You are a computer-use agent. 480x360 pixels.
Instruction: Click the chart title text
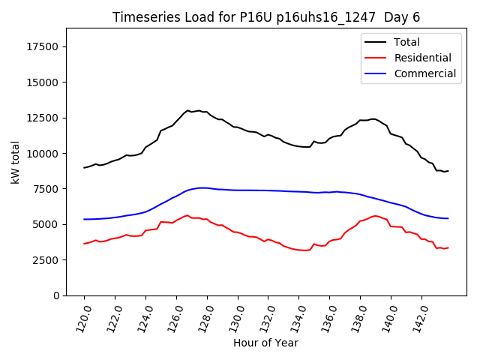point(266,17)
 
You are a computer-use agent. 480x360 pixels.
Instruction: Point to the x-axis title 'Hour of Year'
point(265,343)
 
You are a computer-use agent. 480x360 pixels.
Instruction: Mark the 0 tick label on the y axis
point(56,295)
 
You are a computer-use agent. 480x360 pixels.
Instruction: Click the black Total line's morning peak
point(188,110)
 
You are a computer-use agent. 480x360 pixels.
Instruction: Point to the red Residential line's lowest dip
point(304,250)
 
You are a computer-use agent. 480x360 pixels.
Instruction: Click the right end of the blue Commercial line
point(448,218)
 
